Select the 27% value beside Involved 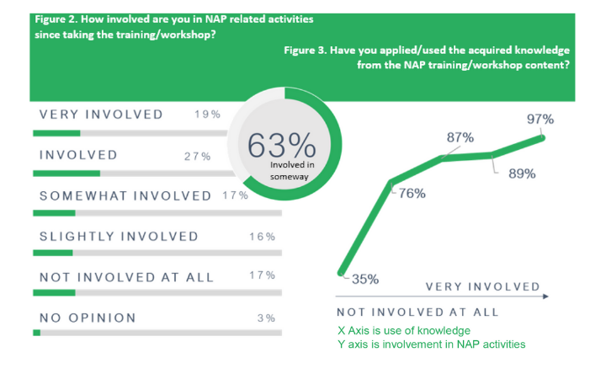pos(197,156)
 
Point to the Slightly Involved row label pos(119,236)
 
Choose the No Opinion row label pos(88,318)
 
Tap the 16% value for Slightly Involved pos(263,236)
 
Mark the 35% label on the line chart pos(364,279)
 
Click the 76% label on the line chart pos(411,193)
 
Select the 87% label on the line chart pos(460,137)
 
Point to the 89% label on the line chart pos(522,173)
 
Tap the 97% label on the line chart pos(540,120)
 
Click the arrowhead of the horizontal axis pos(545,296)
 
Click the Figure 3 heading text pos(424,59)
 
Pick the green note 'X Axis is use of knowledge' pos(403,330)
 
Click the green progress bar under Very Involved pos(56,132)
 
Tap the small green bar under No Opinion pos(36,333)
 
